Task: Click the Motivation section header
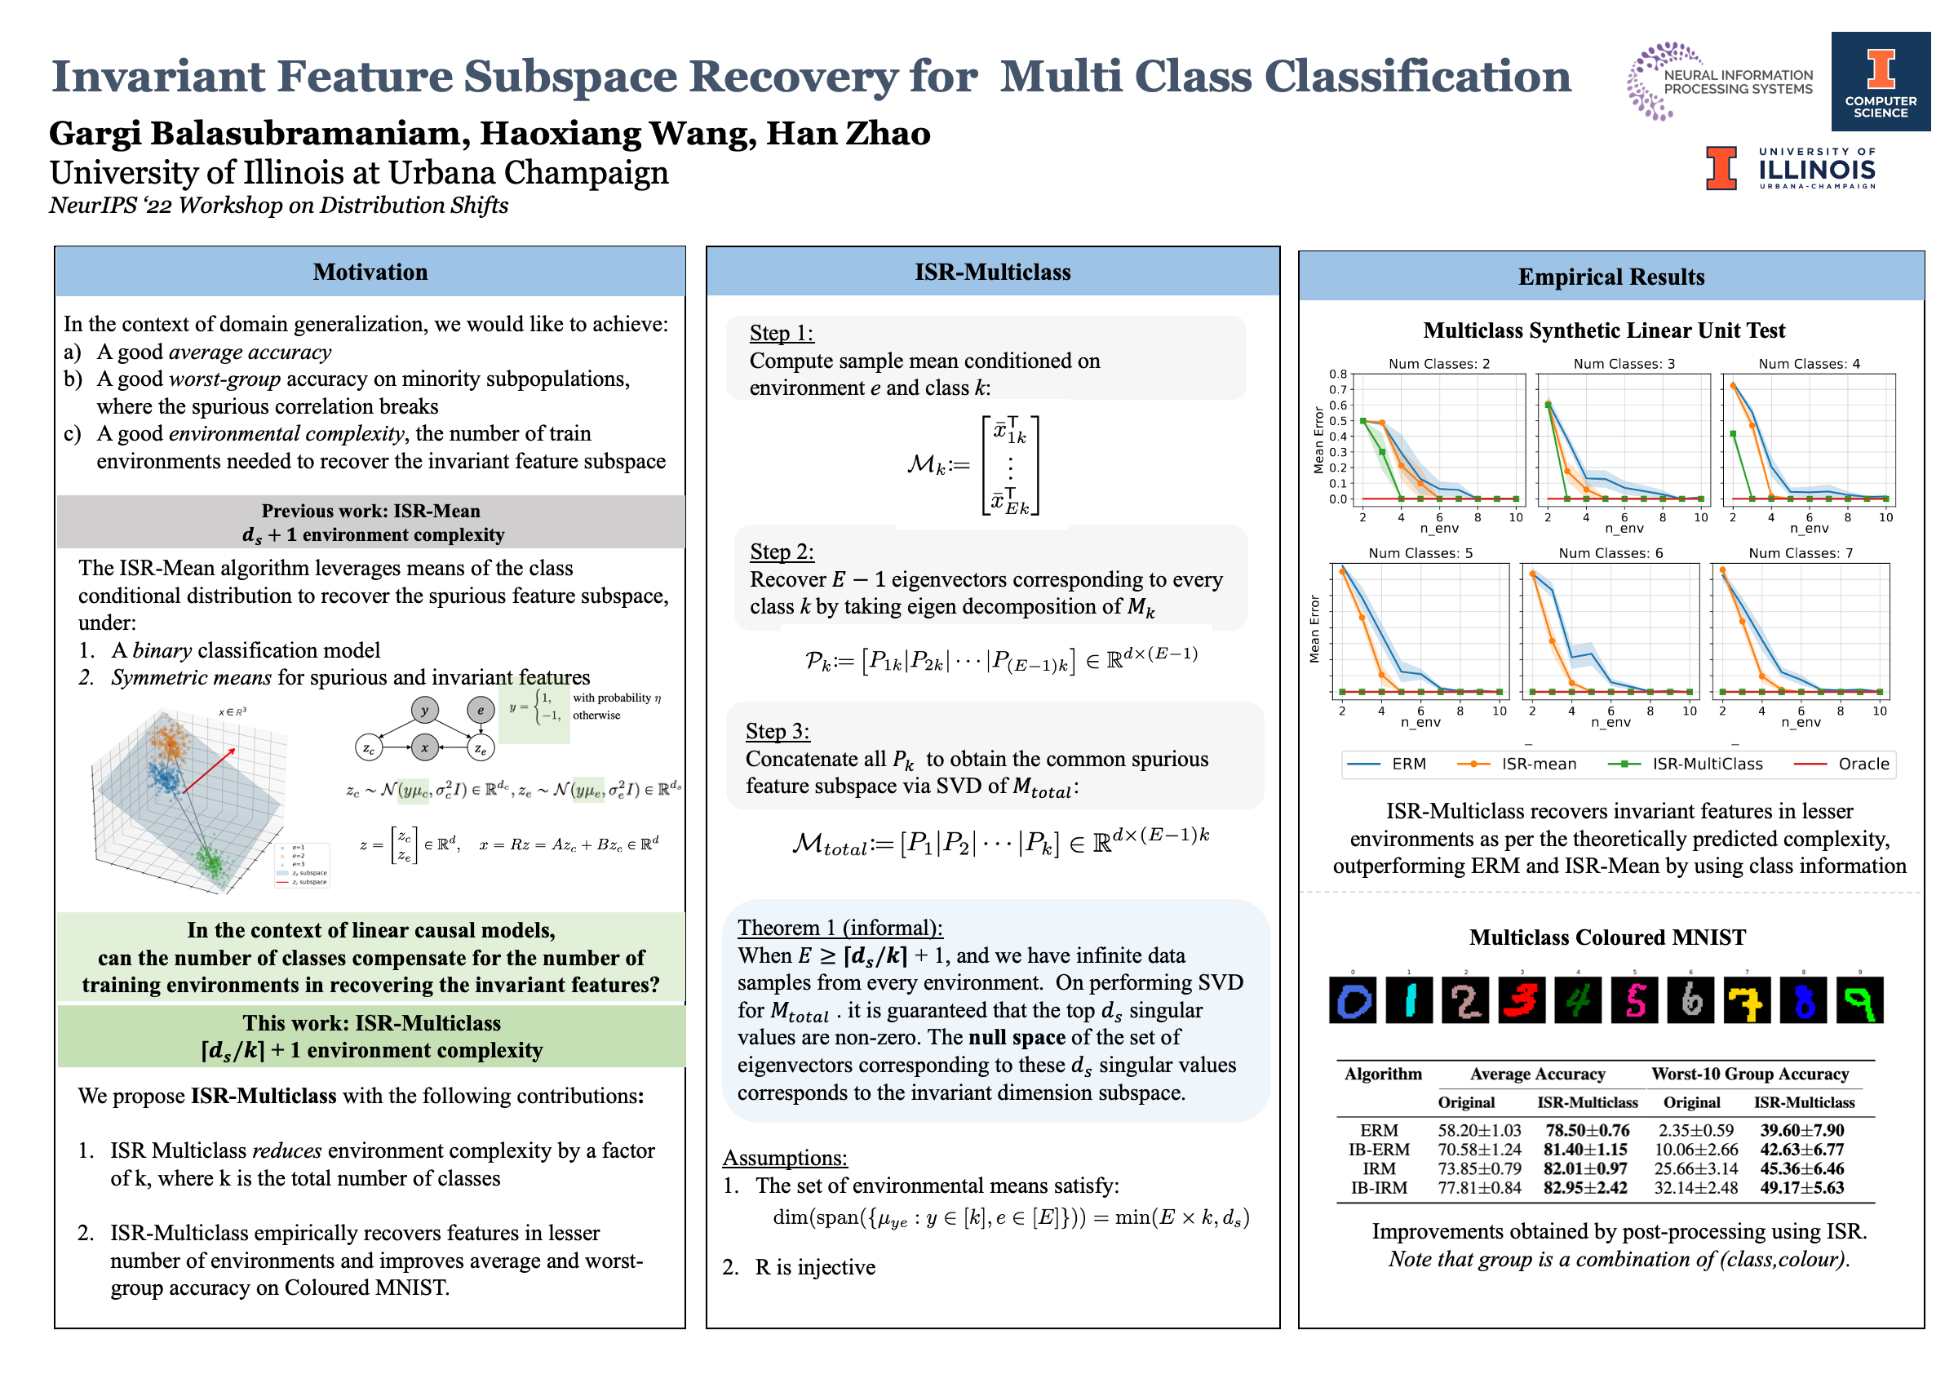[370, 272]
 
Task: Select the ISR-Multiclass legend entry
[1706, 763]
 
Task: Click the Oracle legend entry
[1863, 763]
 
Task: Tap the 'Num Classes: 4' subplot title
[1809, 363]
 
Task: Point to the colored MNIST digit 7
[1747, 999]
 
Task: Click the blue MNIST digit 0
[1353, 999]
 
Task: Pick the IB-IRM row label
[1379, 1188]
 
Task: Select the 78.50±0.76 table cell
[1587, 1130]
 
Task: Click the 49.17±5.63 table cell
[1802, 1188]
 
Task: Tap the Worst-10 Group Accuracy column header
[1749, 1073]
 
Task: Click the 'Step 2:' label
[782, 552]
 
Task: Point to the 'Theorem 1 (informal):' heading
[840, 928]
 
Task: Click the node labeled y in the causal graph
[424, 710]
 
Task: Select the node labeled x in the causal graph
[424, 747]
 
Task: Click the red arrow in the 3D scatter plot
[209, 770]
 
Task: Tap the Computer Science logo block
[1881, 82]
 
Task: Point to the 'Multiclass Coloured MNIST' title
[1607, 937]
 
